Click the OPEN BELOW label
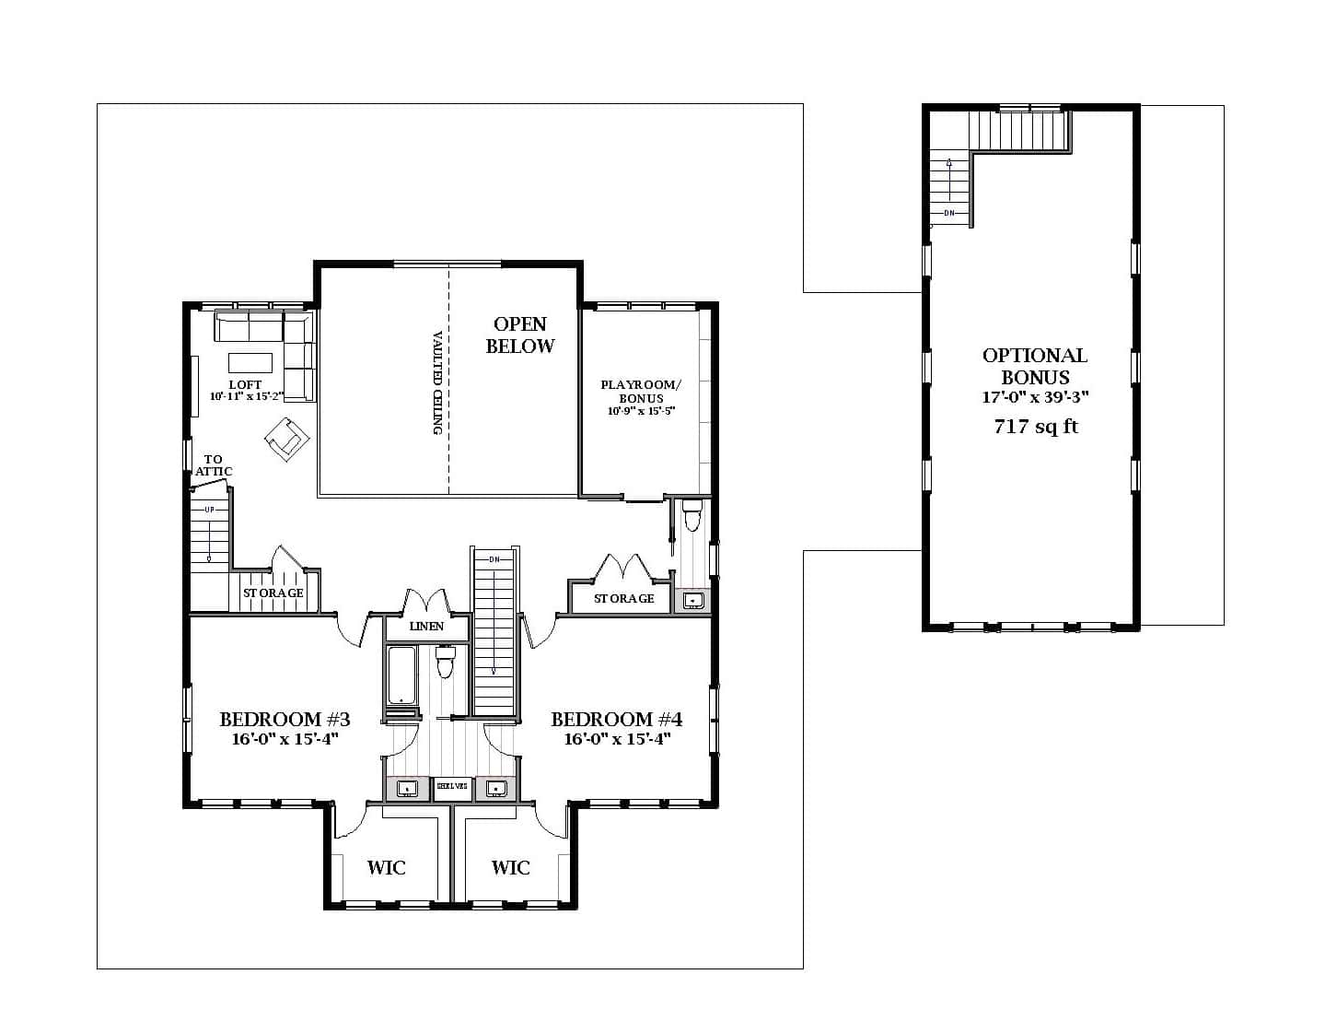point(520,335)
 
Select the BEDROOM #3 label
point(285,719)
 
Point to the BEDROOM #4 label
point(616,719)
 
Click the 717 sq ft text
point(1036,427)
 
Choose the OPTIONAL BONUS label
point(1035,366)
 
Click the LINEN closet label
point(426,627)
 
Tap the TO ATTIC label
point(214,465)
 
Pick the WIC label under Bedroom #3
point(386,867)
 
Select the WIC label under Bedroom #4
point(510,867)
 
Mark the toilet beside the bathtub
point(446,662)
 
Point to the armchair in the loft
point(285,436)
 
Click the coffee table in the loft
point(250,360)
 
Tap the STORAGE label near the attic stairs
point(273,593)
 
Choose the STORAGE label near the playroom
point(623,599)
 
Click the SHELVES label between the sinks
point(452,787)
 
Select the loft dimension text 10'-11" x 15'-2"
point(245,396)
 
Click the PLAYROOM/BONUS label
point(641,391)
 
